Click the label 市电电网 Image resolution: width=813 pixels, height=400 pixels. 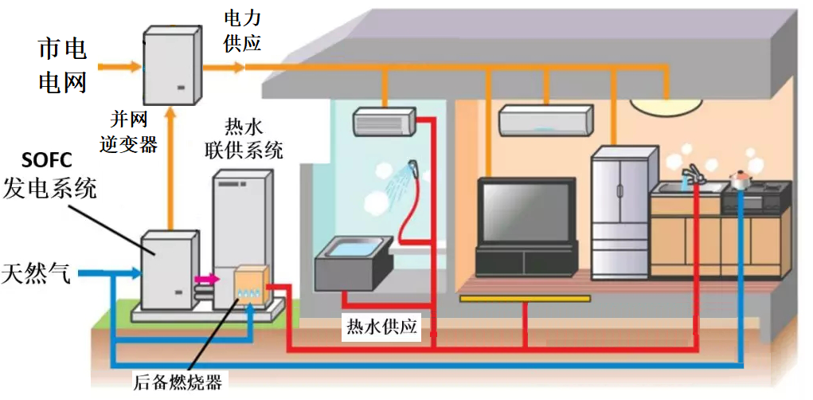63,67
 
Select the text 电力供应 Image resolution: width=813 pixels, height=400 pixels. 242,31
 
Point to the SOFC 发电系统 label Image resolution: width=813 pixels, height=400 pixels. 50,176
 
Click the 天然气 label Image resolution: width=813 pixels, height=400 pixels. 36,273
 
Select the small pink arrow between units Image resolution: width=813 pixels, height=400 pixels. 207,280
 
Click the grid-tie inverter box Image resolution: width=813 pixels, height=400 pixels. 172,65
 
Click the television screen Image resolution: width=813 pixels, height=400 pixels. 526,211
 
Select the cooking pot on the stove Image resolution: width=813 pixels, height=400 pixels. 741,179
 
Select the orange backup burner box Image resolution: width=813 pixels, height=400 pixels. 252,285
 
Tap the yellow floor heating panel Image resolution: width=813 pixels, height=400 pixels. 525,299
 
